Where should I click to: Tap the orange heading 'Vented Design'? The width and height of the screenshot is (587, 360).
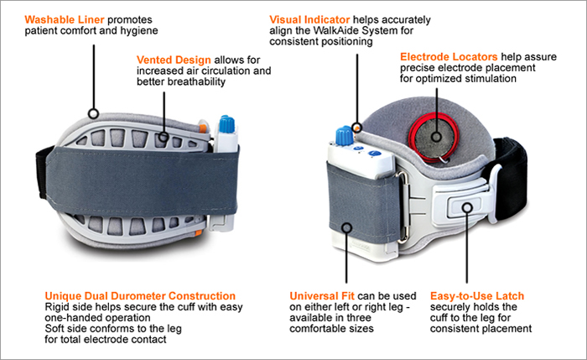click(x=174, y=60)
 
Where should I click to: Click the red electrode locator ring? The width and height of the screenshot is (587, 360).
click(x=435, y=135)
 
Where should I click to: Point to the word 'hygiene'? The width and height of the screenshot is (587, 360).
click(x=137, y=30)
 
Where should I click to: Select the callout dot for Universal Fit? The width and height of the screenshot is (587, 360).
click(x=345, y=227)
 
